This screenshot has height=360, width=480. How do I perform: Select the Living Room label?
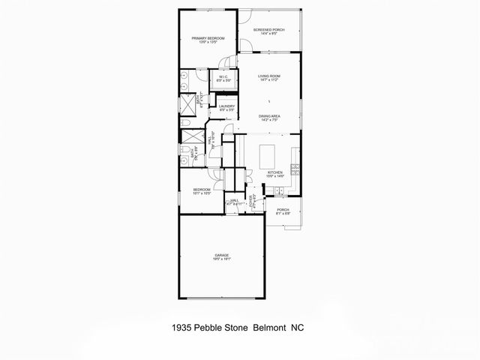(x=269, y=76)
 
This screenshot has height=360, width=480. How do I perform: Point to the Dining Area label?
(x=269, y=115)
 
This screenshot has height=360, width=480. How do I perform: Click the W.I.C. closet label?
(x=223, y=76)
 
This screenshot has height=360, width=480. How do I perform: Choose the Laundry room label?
(x=227, y=106)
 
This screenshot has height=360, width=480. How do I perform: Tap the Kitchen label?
(x=275, y=172)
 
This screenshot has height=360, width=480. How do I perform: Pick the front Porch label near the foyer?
(x=283, y=210)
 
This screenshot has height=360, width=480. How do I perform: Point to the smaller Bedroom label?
(x=201, y=190)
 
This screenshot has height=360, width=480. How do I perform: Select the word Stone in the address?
(x=235, y=328)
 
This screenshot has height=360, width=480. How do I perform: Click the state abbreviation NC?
(x=295, y=328)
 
